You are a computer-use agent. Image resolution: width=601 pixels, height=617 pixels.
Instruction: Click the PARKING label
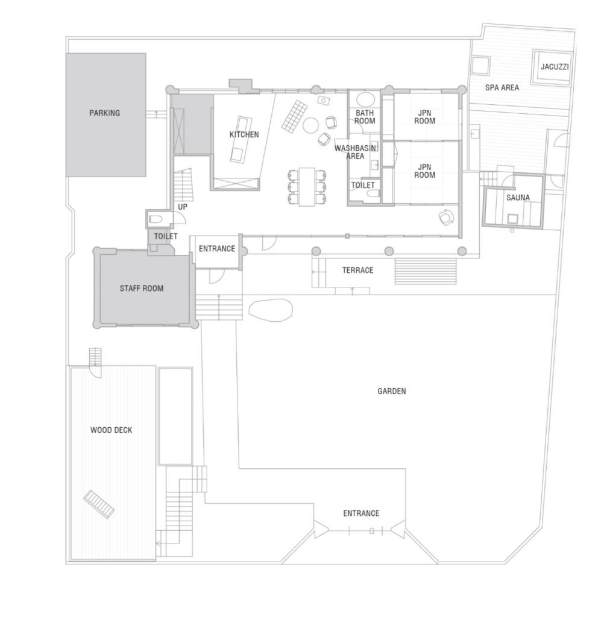coord(104,113)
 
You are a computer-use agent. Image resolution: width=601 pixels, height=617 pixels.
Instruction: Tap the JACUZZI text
coord(555,66)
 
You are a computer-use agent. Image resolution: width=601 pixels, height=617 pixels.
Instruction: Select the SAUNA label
coord(518,198)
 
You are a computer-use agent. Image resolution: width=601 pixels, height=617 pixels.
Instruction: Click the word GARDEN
coord(391,391)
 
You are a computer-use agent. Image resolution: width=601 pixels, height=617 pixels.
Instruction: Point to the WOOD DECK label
coord(112,430)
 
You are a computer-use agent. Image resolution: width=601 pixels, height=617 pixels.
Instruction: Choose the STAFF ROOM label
coord(141,289)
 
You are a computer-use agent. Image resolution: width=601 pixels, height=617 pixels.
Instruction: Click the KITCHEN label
coord(244,134)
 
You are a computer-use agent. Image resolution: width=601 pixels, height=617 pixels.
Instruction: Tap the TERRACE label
coord(357,271)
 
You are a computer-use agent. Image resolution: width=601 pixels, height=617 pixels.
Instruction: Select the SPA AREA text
coord(502,88)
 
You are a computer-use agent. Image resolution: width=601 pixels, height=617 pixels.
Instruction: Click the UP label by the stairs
coord(183,207)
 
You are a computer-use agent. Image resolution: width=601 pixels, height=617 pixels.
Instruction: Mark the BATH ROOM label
coord(365,117)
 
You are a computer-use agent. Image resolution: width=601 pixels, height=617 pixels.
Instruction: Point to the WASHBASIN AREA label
coord(355,152)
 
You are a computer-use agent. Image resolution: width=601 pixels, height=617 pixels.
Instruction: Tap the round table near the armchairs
coord(310,125)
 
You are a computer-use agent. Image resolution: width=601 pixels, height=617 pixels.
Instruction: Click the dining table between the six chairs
coord(307,187)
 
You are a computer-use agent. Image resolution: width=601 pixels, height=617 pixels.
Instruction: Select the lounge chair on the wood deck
coord(99,504)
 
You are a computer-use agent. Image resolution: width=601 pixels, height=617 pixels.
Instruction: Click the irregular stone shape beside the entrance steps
coord(271,310)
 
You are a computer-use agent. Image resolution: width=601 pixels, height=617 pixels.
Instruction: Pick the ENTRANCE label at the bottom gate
coord(361,513)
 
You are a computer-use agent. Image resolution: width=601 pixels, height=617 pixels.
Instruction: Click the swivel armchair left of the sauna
coord(446,218)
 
